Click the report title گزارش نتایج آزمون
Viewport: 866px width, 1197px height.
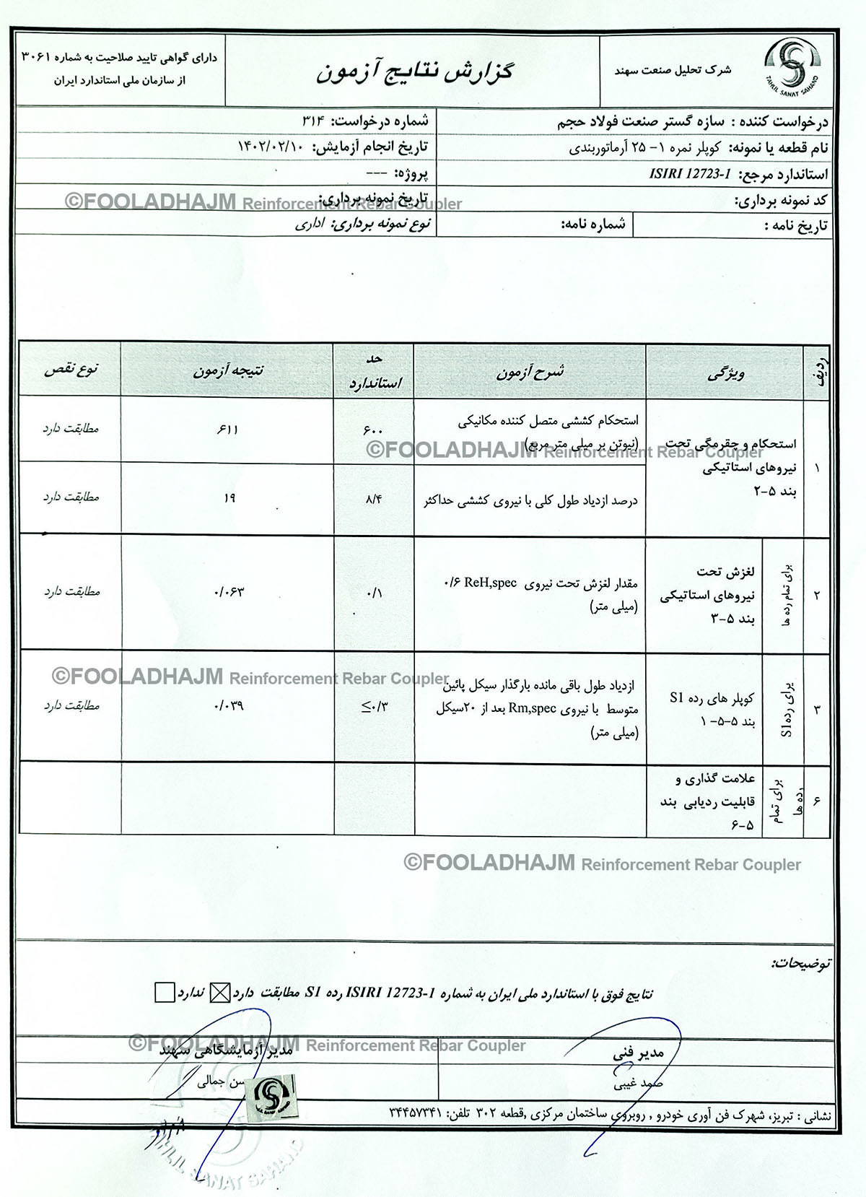click(x=414, y=72)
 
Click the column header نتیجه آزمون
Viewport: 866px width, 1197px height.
click(x=227, y=370)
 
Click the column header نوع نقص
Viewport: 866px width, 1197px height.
click(x=71, y=370)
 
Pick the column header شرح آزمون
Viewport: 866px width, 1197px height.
click(x=530, y=372)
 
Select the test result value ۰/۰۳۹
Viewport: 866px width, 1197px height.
click(x=229, y=705)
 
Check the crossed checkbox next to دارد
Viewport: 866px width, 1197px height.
click(x=219, y=993)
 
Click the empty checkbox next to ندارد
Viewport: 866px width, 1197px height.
click(x=165, y=993)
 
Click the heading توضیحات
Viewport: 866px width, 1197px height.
click(x=800, y=963)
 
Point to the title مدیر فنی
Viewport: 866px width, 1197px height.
click(x=638, y=1053)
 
